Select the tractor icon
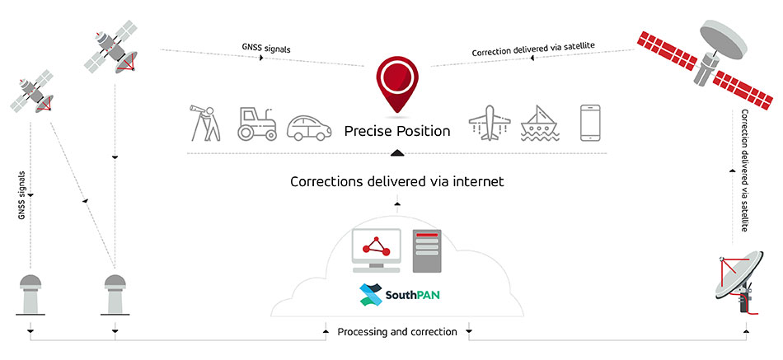256,124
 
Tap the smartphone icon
588,124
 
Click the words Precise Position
397,132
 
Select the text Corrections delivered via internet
396,181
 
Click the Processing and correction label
396,332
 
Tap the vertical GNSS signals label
21,194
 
